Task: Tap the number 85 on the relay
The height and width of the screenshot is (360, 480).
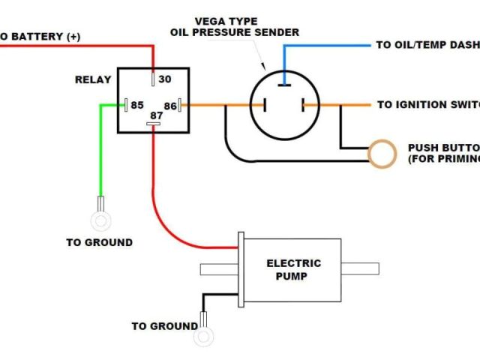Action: pyautogui.click(x=137, y=105)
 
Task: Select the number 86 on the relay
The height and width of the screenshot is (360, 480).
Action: pyautogui.click(x=170, y=106)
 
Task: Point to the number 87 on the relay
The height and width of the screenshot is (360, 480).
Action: pyautogui.click(x=155, y=116)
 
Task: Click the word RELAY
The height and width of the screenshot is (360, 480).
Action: pyautogui.click(x=93, y=79)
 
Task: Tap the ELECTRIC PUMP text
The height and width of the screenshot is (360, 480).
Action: pyautogui.click(x=293, y=269)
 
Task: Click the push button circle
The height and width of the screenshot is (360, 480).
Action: pyautogui.click(x=382, y=153)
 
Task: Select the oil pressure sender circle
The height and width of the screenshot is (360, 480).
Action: pyautogui.click(x=283, y=105)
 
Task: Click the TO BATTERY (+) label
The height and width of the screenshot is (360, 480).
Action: pyautogui.click(x=41, y=36)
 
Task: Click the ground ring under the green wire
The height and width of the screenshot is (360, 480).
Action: pyautogui.click(x=100, y=220)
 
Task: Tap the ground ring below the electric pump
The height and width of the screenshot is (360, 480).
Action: pyautogui.click(x=202, y=337)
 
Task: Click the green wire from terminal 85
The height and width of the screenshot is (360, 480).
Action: pyautogui.click(x=102, y=150)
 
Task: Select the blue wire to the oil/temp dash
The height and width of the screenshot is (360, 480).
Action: pyautogui.click(x=330, y=45)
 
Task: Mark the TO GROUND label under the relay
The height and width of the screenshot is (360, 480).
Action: pyautogui.click(x=99, y=242)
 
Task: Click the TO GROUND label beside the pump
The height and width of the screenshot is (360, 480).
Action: pyautogui.click(x=164, y=326)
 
